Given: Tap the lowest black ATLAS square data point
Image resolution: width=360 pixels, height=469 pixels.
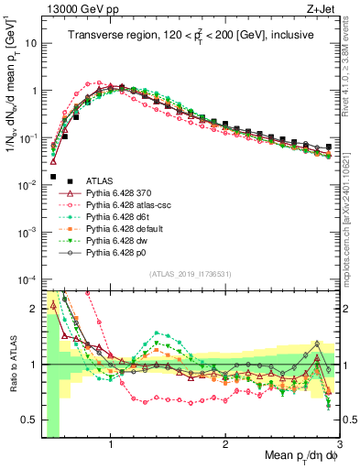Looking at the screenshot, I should pyautogui.click(x=53, y=177).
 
